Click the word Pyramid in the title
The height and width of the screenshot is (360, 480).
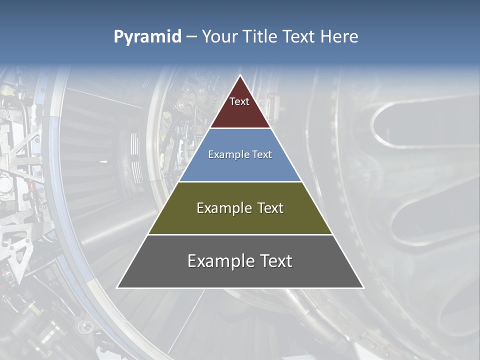(x=147, y=37)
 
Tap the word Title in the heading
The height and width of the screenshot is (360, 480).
(x=263, y=37)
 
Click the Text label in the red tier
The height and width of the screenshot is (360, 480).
(x=239, y=101)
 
